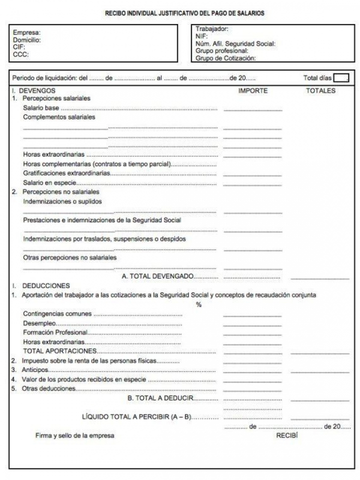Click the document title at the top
click(184, 13)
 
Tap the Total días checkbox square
click(341, 77)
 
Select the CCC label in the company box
click(20, 55)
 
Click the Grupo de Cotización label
click(226, 58)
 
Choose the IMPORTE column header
click(253, 91)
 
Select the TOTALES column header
click(320, 91)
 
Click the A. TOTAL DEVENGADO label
click(158, 276)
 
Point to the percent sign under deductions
click(198, 304)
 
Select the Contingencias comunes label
click(57, 314)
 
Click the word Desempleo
click(39, 323)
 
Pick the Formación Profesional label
click(55, 332)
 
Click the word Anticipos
click(34, 370)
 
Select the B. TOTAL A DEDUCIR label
click(160, 398)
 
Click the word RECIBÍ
click(287, 435)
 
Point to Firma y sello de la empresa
click(74, 435)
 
